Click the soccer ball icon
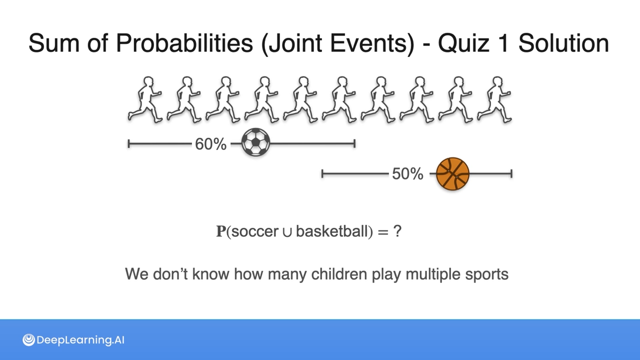pyautogui.click(x=256, y=142)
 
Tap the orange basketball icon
pyautogui.click(x=453, y=174)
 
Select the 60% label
pyautogui.click(x=211, y=144)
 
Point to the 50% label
pyautogui.click(x=408, y=174)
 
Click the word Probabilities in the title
pyautogui.click(x=184, y=43)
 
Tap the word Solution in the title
pyautogui.click(x=564, y=43)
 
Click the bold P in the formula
pyautogui.click(x=221, y=231)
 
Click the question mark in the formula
pyautogui.click(x=397, y=231)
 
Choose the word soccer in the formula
pyautogui.click(x=255, y=232)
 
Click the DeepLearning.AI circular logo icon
pyautogui.click(x=29, y=340)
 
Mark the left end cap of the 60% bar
pyautogui.click(x=129, y=144)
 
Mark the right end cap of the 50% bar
pyautogui.click(x=511, y=174)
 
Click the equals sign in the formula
pyautogui.click(x=383, y=232)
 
